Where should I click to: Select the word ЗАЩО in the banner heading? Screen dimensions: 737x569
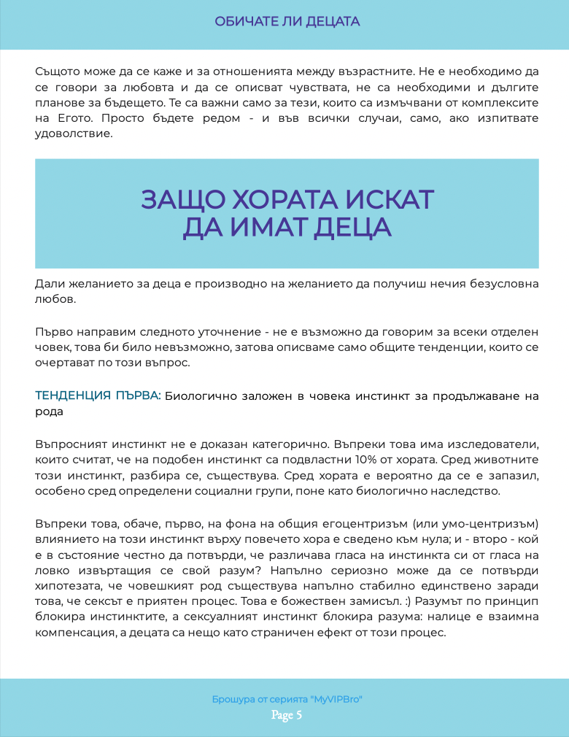[181, 200]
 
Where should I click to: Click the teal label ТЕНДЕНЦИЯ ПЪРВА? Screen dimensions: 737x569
[98, 395]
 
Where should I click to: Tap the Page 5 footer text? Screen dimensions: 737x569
[287, 715]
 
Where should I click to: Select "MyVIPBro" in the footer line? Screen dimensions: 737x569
[336, 699]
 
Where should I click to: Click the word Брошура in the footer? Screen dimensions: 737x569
[233, 699]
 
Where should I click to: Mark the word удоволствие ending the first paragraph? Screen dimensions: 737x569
[73, 134]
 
